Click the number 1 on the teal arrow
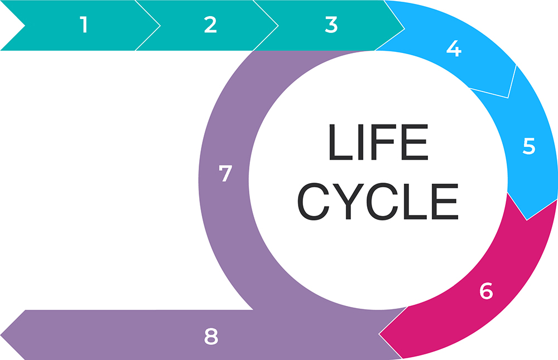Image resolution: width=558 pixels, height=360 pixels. [84, 25]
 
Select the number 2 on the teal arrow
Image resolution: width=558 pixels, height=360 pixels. [210, 25]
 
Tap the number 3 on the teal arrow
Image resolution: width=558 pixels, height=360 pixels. [331, 25]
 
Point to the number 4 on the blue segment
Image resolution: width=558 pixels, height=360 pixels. [454, 49]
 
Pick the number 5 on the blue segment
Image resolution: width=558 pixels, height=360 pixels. [529, 146]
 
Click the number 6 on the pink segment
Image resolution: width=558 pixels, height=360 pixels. [486, 291]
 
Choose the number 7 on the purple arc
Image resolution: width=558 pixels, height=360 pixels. [225, 174]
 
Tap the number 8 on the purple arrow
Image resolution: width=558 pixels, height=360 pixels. [211, 337]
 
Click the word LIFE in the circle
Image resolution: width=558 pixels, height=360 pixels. [379, 142]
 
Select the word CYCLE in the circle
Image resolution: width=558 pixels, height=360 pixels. [378, 201]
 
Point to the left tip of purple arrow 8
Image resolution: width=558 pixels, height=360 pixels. [1, 335]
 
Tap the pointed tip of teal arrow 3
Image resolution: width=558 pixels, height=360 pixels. [405, 29]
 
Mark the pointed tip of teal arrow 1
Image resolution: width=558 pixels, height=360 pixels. [160, 26]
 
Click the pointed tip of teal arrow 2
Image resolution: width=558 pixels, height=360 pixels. [278, 26]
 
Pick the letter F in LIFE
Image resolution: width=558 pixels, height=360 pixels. [383, 142]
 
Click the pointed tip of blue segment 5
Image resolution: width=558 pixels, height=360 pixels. [527, 220]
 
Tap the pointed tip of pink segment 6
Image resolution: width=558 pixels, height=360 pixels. [379, 334]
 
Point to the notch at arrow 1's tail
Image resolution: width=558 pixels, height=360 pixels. [25, 26]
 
